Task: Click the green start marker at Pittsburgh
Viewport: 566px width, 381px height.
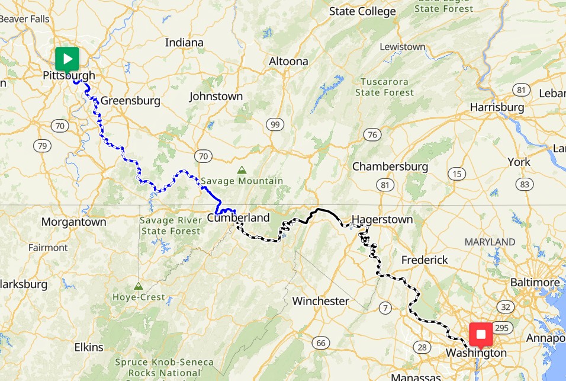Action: pos(67,59)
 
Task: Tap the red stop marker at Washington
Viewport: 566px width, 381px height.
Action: pos(481,335)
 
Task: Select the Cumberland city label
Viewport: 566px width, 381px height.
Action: pos(238,217)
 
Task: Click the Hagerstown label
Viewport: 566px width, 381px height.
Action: pos(382,219)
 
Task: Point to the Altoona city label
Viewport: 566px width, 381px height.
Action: pos(288,61)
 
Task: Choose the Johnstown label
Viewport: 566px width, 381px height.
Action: pos(216,96)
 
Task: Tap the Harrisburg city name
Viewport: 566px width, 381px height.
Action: pos(497,107)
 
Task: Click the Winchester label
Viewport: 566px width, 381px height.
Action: pos(320,301)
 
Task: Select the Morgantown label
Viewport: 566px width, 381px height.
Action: pos(74,222)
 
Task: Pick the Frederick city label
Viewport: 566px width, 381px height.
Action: pos(424,260)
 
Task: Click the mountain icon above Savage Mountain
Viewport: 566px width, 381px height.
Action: pos(242,170)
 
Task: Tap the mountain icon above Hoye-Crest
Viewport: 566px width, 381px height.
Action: pos(138,286)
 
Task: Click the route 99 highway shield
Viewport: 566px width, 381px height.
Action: pos(274,124)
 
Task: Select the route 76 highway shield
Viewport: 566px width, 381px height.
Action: pos(372,135)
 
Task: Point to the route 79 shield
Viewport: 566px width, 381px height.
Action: pos(41,146)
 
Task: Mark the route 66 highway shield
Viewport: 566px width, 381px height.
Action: pos(321,342)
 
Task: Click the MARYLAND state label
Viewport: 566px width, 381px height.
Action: pos(490,242)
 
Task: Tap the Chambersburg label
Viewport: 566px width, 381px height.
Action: pos(390,167)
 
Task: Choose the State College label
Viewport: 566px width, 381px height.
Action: pos(362,11)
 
